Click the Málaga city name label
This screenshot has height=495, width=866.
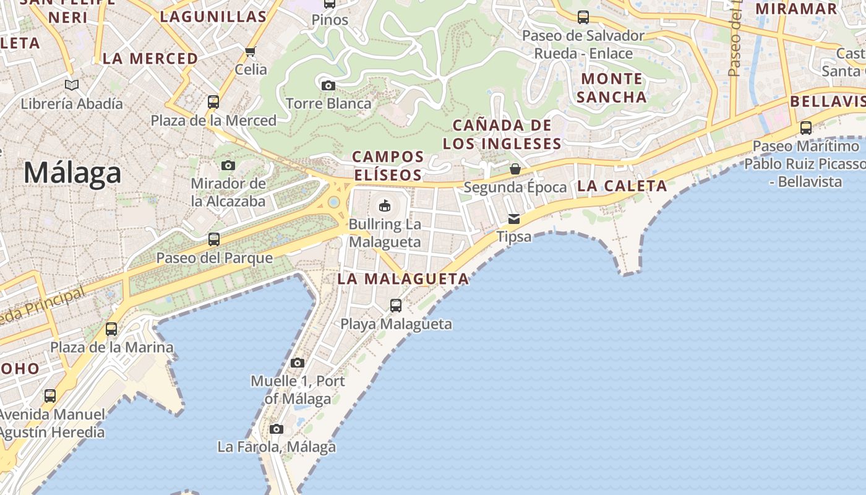click(x=72, y=173)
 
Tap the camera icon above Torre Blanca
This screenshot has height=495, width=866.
click(x=328, y=85)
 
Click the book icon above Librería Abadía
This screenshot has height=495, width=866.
click(x=72, y=85)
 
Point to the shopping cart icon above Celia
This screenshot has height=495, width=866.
click(x=251, y=51)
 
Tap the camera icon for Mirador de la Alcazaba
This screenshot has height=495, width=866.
click(x=228, y=165)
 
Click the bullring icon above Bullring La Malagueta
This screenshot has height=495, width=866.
click(x=385, y=205)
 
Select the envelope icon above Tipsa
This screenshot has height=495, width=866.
click(x=514, y=218)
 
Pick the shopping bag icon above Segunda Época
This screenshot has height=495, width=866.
click(x=515, y=169)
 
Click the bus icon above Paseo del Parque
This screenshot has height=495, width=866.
click(x=214, y=239)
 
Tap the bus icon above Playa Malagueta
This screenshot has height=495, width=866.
click(x=396, y=305)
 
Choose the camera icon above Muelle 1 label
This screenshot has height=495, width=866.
click(x=298, y=363)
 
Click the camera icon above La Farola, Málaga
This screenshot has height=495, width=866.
click(x=277, y=429)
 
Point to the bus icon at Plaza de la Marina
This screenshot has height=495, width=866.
click(x=111, y=329)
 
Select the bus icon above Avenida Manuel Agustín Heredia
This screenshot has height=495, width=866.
click(x=50, y=395)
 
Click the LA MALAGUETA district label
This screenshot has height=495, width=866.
click(x=403, y=279)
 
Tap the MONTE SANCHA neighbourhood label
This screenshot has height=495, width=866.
click(x=612, y=88)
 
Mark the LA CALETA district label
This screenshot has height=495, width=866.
click(x=622, y=186)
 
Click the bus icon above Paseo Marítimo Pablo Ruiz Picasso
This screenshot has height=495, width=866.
click(x=806, y=128)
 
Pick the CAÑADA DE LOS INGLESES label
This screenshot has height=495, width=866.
click(x=502, y=135)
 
